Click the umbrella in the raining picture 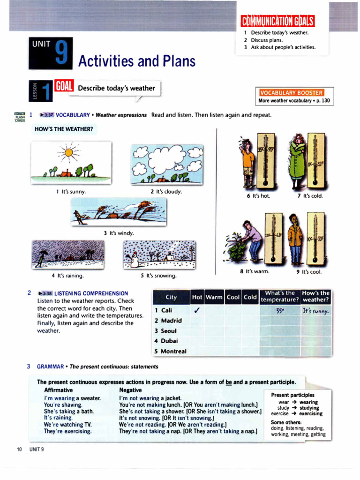[44, 254]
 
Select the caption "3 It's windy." [119, 233]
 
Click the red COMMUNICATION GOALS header [277, 21]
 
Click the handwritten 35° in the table [281, 310]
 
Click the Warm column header [214, 297]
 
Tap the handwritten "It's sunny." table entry [315, 310]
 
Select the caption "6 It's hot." [258, 196]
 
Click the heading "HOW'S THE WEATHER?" [64, 129]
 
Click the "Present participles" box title [292, 395]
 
